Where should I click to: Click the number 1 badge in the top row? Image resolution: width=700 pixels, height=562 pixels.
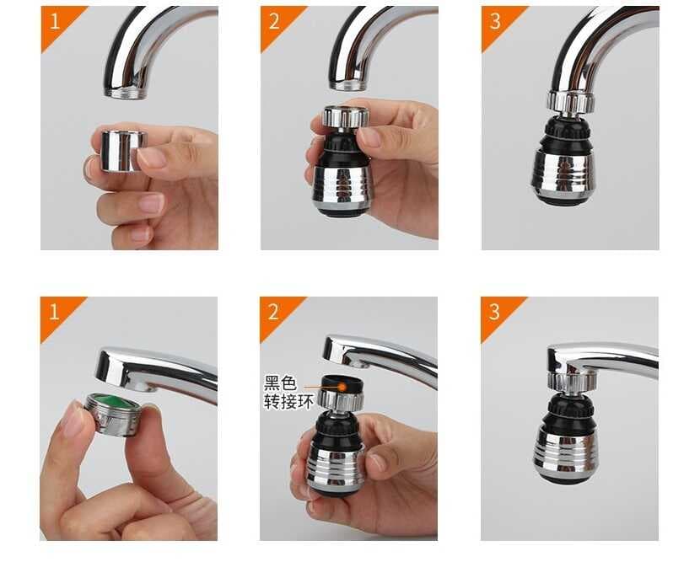point(53,20)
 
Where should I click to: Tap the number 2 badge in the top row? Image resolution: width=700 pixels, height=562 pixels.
point(273,20)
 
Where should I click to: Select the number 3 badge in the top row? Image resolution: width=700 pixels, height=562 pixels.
point(494,20)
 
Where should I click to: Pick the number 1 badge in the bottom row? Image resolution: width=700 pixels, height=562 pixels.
point(53,311)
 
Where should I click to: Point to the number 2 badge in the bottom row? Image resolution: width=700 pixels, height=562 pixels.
point(273,311)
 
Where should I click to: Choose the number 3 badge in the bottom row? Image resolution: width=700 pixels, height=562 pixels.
point(494,311)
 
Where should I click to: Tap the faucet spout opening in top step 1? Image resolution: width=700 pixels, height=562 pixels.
point(125,91)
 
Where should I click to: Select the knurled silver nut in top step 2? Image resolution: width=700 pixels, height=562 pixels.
point(344,116)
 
